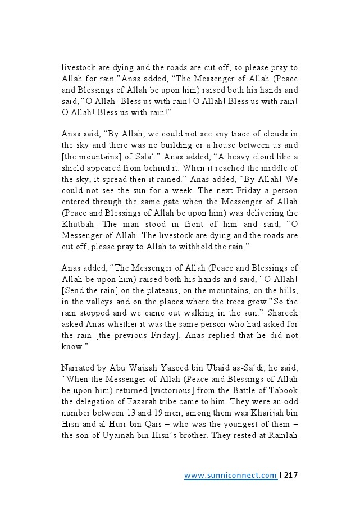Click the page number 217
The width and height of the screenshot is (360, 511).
[x=290, y=476]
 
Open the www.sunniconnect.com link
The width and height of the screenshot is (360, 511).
[x=230, y=476]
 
